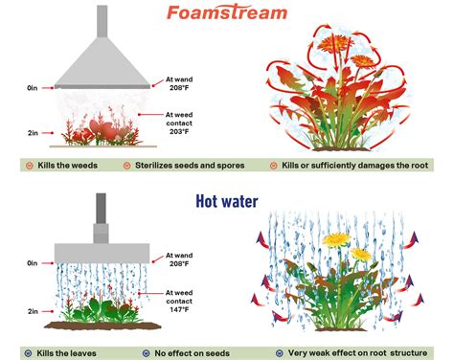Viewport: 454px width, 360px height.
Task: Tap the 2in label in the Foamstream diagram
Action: point(34,133)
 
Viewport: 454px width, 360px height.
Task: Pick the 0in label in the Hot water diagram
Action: point(34,261)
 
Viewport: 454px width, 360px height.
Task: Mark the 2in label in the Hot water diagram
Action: point(34,311)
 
